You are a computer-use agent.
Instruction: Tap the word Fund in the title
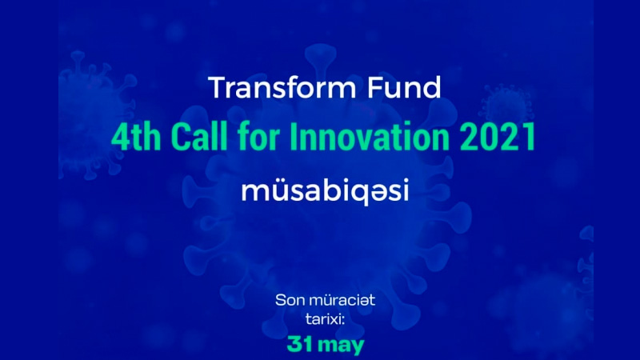404,87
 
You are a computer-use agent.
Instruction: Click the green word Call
199,137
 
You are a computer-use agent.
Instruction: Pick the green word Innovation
370,137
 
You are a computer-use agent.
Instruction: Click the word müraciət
342,301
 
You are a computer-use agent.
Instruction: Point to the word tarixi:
325,318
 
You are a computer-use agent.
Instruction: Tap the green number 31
300,344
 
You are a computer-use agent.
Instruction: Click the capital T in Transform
219,87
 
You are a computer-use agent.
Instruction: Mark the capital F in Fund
375,87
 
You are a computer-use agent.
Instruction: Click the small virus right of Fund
506,107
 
